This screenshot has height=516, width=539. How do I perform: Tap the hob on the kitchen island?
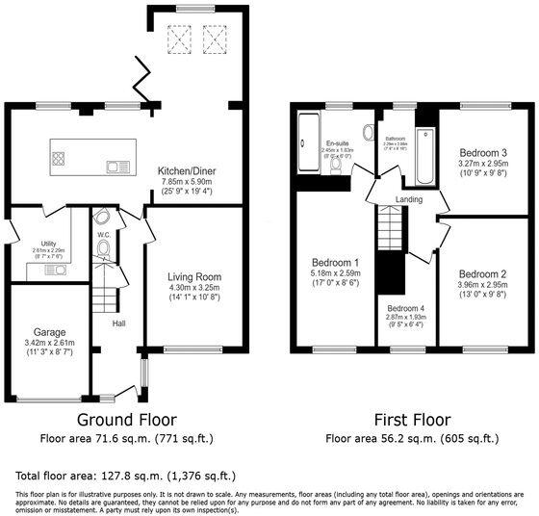point(59,160)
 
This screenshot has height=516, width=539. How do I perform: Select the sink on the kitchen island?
point(118,166)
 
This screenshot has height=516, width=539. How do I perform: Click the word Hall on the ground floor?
point(118,322)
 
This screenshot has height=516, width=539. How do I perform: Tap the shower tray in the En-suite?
point(307,143)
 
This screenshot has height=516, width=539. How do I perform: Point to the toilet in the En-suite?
point(334,165)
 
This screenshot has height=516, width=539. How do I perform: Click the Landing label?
point(409,199)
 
